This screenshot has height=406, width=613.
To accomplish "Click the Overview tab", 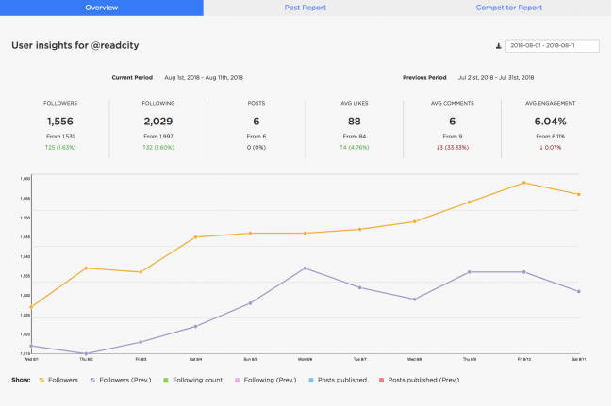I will (x=101, y=8).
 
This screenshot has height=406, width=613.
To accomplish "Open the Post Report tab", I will (x=306, y=8).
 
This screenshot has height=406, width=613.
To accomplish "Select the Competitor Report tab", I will (x=509, y=8).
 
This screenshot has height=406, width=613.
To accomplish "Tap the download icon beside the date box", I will (x=498, y=45).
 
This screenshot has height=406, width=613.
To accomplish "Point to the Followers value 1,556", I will (x=59, y=122).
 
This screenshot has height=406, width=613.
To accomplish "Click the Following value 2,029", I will (x=158, y=122).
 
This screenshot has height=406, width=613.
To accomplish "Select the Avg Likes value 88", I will (x=355, y=122).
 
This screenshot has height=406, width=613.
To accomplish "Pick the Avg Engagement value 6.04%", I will (x=551, y=122).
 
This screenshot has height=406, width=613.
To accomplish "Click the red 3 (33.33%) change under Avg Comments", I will (x=453, y=147).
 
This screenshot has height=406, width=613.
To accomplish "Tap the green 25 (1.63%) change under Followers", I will (x=59, y=147).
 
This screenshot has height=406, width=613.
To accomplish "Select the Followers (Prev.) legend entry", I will (x=123, y=380).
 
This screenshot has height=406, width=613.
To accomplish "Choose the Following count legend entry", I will (x=196, y=380).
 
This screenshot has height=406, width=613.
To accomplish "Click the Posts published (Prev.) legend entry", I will (x=422, y=380).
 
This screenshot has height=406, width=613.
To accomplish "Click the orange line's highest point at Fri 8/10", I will (x=523, y=183).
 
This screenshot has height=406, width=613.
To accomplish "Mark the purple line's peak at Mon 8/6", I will (x=305, y=268).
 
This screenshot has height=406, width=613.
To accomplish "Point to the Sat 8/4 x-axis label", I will (x=195, y=359).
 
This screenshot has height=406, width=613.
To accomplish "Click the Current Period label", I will (x=133, y=78).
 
